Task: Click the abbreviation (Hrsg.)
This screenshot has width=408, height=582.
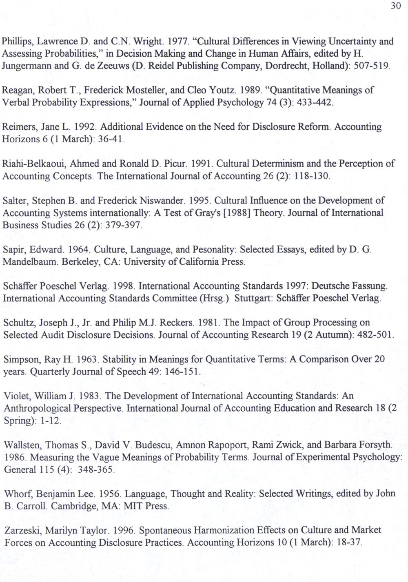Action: click(213, 298)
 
